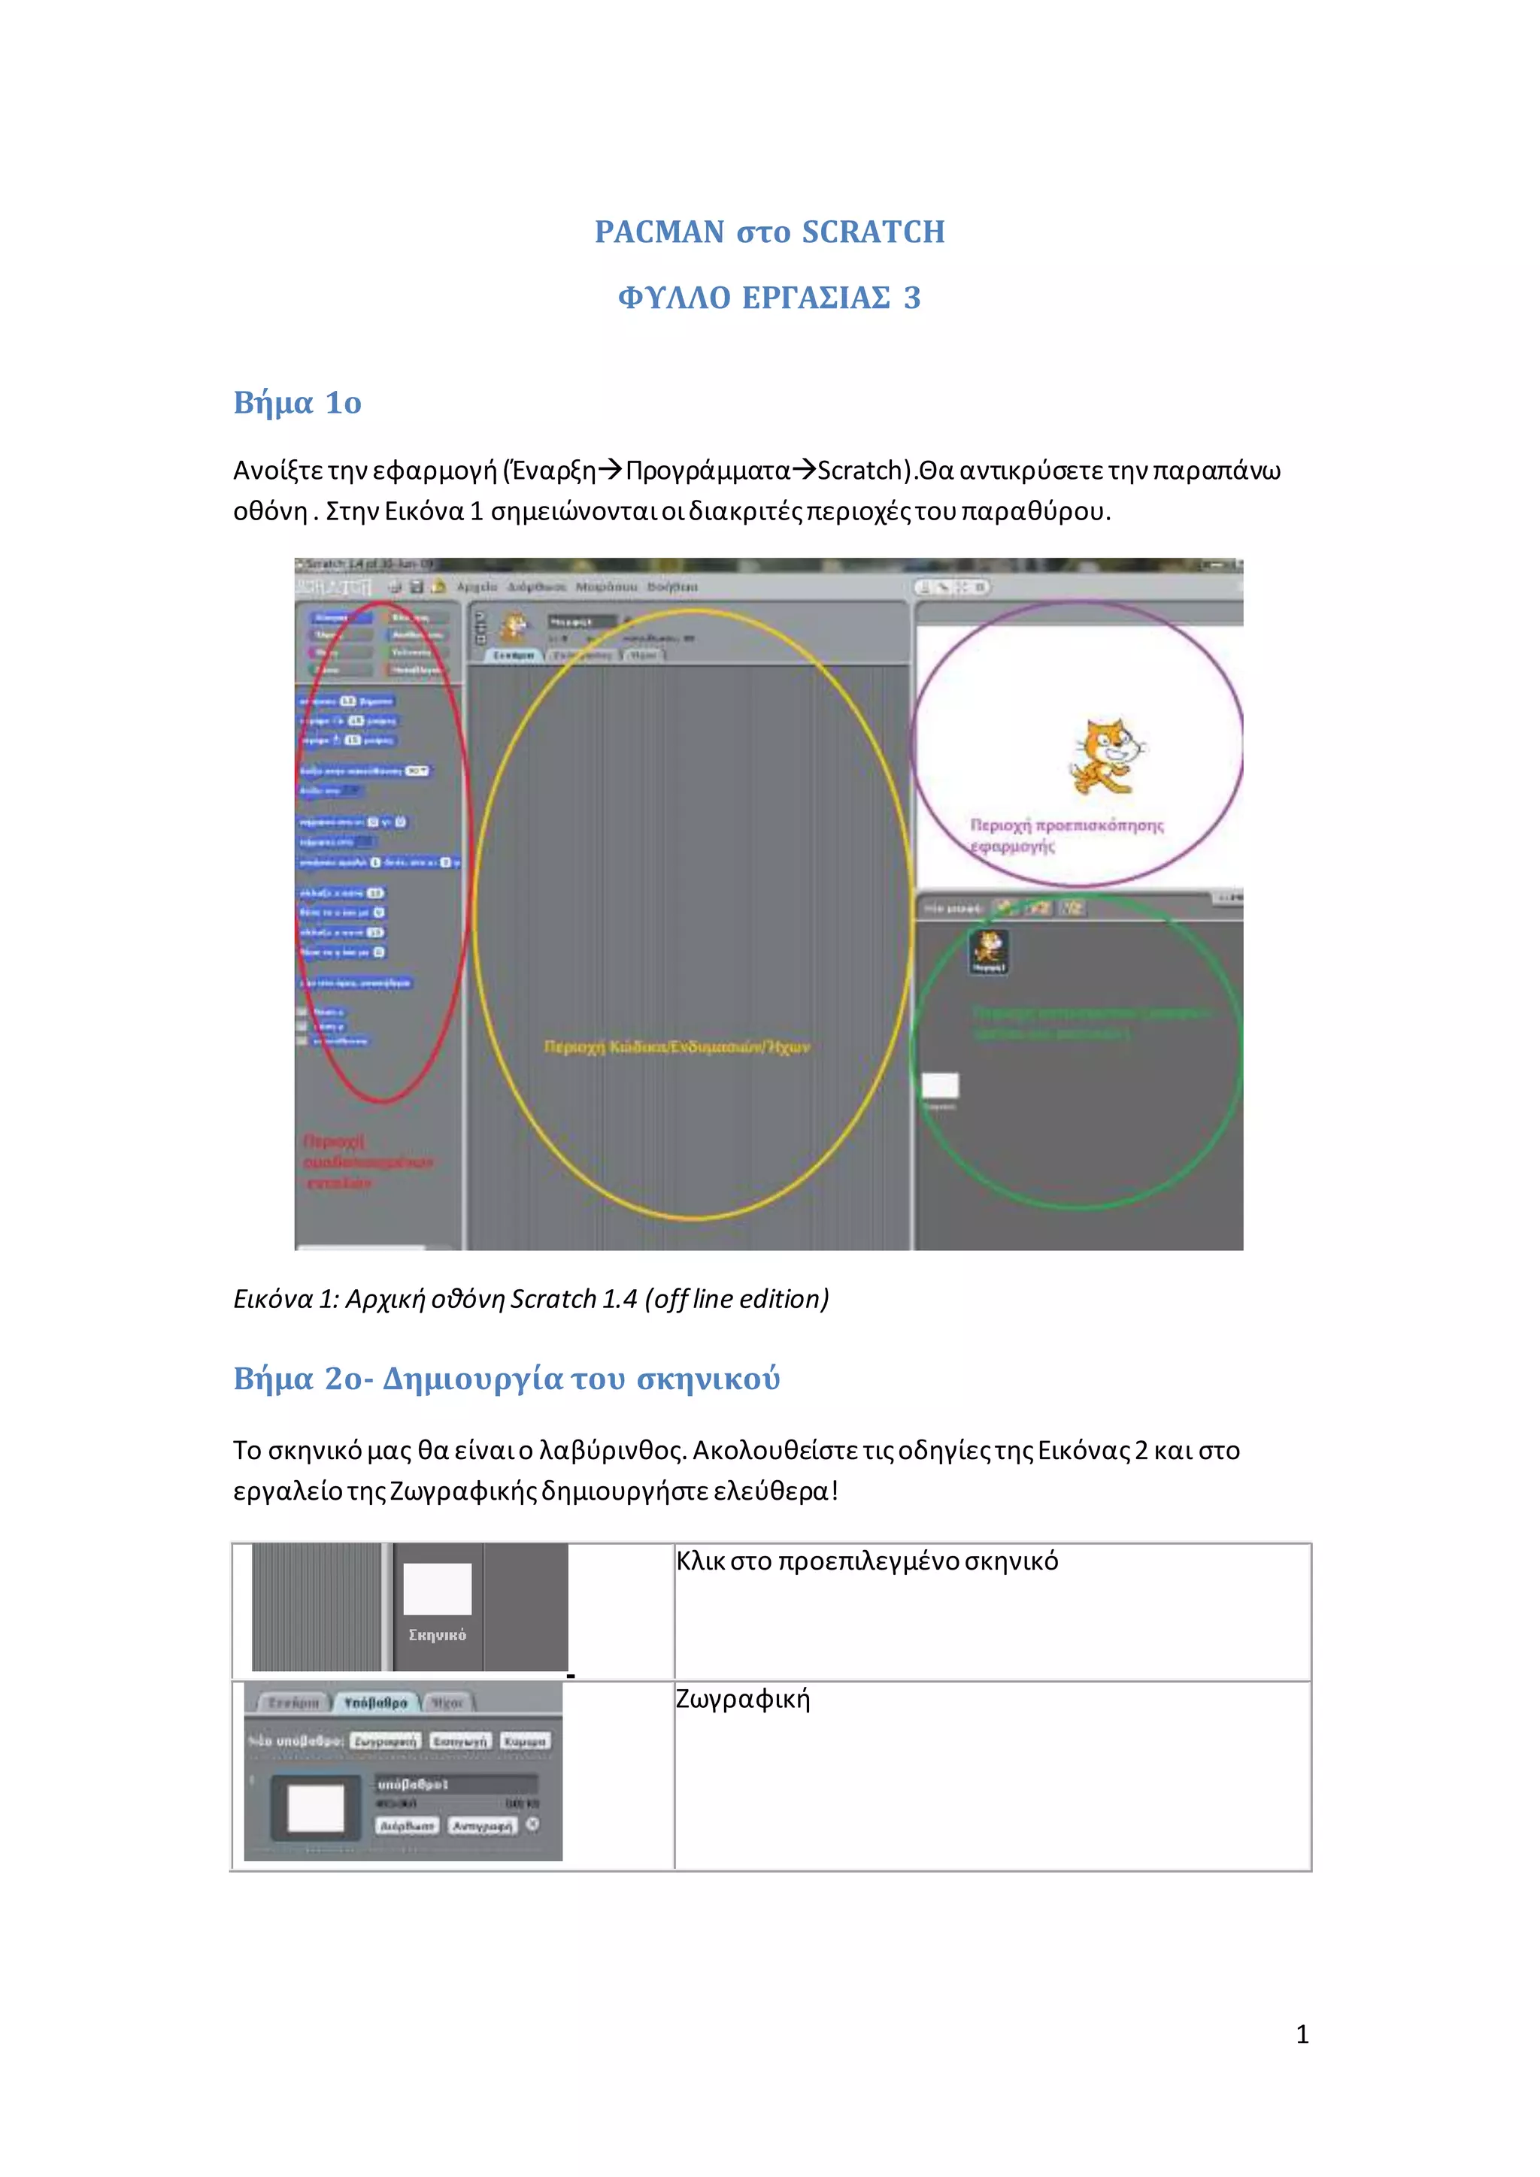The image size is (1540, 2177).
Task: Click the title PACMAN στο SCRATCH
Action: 769,232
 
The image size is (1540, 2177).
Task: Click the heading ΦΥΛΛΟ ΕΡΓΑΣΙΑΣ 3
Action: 769,298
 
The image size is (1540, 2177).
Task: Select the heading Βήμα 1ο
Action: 297,403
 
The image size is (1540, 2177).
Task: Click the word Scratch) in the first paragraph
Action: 864,471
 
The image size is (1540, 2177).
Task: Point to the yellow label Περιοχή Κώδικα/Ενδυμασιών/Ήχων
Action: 676,1047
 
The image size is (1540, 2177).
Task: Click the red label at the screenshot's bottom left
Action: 365,1161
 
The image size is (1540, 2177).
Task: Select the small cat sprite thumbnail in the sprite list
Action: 989,949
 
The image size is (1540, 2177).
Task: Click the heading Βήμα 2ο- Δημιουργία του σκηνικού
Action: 506,1378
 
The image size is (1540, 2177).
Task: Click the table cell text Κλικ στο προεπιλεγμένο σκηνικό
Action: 867,1561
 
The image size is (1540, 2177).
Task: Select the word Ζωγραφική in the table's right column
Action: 742,1698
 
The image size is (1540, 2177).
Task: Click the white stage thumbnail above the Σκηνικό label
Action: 437,1588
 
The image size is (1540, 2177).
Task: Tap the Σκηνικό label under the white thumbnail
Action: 437,1635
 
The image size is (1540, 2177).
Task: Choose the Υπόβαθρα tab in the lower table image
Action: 375,1703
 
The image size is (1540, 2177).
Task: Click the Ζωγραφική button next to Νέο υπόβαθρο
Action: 384,1741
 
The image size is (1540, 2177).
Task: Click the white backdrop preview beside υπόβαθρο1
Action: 316,1808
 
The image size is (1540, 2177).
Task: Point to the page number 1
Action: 1302,2034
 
